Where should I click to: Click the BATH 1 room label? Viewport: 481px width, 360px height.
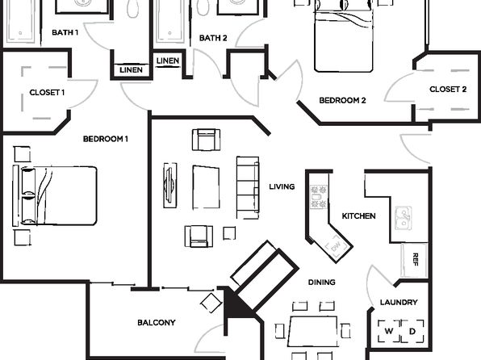click(x=65, y=32)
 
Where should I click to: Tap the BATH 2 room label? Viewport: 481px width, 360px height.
click(x=213, y=38)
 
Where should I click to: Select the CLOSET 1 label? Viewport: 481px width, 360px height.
click(x=47, y=92)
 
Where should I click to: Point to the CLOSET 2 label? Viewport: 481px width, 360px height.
click(x=448, y=90)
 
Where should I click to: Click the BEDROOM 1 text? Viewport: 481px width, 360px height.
click(x=106, y=139)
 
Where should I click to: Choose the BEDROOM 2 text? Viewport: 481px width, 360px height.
click(x=343, y=100)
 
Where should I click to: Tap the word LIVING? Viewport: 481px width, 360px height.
click(x=282, y=186)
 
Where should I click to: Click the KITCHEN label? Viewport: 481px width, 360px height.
click(x=359, y=216)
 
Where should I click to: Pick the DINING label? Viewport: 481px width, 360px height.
click(x=322, y=282)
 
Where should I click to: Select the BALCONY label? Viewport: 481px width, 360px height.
click(x=157, y=323)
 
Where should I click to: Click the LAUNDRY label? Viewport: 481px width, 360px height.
click(x=399, y=303)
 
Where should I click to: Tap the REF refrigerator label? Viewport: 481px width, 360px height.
click(x=416, y=259)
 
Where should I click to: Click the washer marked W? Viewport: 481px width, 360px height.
click(x=389, y=331)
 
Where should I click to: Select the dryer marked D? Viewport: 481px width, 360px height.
click(x=412, y=331)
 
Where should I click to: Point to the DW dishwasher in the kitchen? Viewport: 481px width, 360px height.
click(x=337, y=246)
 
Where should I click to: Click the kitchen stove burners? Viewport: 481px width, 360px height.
click(x=319, y=197)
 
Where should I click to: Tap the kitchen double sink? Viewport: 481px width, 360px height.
click(x=403, y=218)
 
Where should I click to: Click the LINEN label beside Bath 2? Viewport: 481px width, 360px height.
click(x=168, y=61)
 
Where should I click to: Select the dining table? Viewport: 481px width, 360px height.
click(x=312, y=332)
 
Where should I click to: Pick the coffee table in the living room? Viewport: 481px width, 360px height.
click(x=206, y=187)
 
